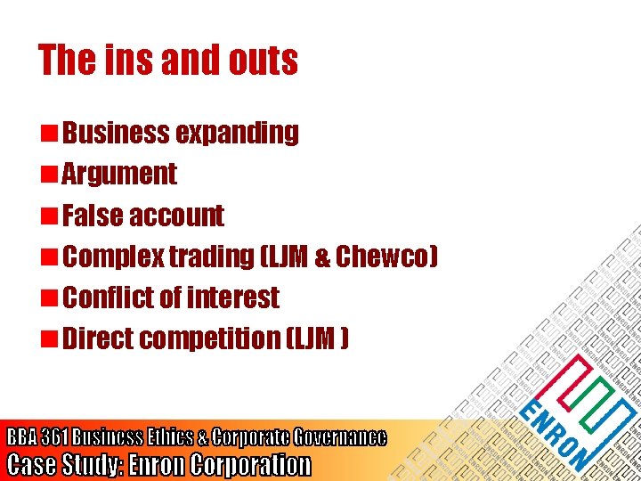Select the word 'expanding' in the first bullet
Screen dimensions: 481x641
237,134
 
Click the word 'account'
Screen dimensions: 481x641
176,216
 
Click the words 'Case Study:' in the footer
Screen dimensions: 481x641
64,464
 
